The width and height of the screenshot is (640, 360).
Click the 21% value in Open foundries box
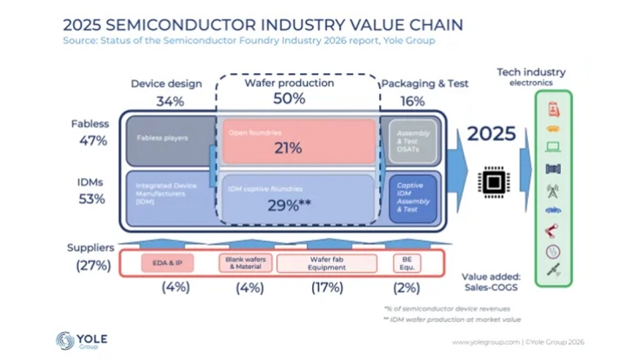click(x=288, y=148)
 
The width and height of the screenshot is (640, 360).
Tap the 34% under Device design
click(x=169, y=101)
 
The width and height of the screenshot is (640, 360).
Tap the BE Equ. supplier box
click(x=407, y=263)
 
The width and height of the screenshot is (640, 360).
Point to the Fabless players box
click(x=169, y=139)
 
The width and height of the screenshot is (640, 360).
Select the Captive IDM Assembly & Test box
click(x=413, y=197)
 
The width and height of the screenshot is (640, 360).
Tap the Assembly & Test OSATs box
click(x=413, y=141)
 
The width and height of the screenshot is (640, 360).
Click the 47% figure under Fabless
click(x=92, y=141)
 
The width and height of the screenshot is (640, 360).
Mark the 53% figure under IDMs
click(x=92, y=199)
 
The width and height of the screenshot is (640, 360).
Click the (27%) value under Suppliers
click(x=94, y=266)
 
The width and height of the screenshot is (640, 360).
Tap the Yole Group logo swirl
click(x=66, y=340)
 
